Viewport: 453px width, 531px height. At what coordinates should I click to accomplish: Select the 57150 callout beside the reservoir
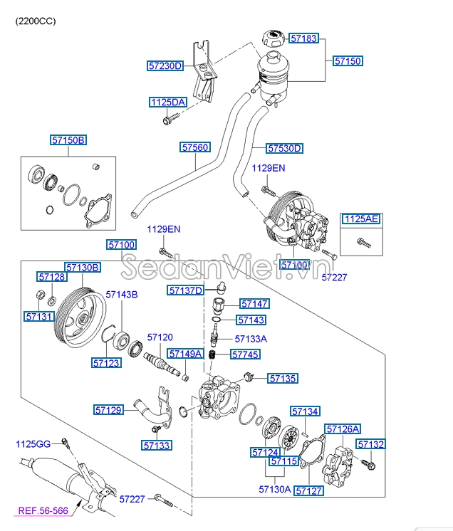click(x=348, y=61)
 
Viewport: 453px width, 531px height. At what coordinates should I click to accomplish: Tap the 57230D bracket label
click(x=165, y=66)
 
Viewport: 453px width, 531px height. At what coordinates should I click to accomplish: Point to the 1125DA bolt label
click(x=167, y=102)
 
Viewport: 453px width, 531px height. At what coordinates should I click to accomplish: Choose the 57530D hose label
click(x=284, y=149)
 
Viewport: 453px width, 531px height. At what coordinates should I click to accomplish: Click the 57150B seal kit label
click(x=68, y=141)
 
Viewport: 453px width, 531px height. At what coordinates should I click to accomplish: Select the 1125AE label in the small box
click(x=361, y=219)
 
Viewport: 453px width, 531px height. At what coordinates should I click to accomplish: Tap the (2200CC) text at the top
click(x=36, y=21)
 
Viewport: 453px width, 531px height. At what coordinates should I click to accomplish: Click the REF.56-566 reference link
click(x=43, y=510)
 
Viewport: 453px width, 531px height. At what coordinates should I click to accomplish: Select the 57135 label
click(x=283, y=379)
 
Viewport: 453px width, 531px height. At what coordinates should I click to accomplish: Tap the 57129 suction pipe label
click(x=109, y=409)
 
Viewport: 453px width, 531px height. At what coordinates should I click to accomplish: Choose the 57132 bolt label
click(x=370, y=444)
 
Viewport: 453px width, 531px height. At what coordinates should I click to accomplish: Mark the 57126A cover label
click(x=343, y=429)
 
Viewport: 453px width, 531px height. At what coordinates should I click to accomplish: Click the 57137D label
click(x=186, y=290)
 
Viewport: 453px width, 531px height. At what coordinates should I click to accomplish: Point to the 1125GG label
click(x=33, y=444)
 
